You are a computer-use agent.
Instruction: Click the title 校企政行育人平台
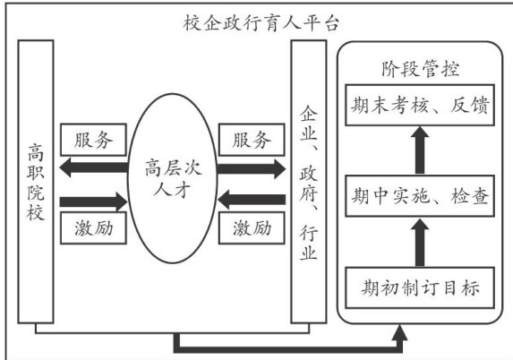coord(261,23)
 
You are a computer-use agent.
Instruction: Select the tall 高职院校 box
coord(36,182)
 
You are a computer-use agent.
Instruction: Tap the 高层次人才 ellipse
coord(173,178)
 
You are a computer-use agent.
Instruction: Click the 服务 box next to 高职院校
coord(94,140)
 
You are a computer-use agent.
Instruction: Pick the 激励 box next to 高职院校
coord(94,228)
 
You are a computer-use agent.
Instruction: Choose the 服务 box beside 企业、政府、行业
coord(252,140)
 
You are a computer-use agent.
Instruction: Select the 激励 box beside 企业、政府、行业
coord(252,228)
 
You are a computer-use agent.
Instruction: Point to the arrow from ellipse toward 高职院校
coord(94,167)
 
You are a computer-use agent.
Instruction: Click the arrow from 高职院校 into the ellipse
coord(94,201)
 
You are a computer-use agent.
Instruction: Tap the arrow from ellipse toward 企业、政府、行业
coord(252,169)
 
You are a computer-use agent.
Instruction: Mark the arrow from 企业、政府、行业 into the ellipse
coord(252,200)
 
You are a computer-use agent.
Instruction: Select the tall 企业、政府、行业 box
coord(309,182)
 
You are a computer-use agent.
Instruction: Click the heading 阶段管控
coord(420,69)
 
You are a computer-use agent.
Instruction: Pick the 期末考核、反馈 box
coord(420,105)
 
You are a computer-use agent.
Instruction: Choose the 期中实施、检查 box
coord(420,196)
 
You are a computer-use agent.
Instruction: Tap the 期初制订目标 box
coord(420,287)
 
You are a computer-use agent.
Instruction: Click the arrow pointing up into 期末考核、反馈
coord(420,150)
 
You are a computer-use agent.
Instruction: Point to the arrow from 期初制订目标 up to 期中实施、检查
coord(420,243)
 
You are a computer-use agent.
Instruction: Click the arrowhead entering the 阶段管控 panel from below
coord(399,332)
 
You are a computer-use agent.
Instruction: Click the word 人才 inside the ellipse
coord(171,190)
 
